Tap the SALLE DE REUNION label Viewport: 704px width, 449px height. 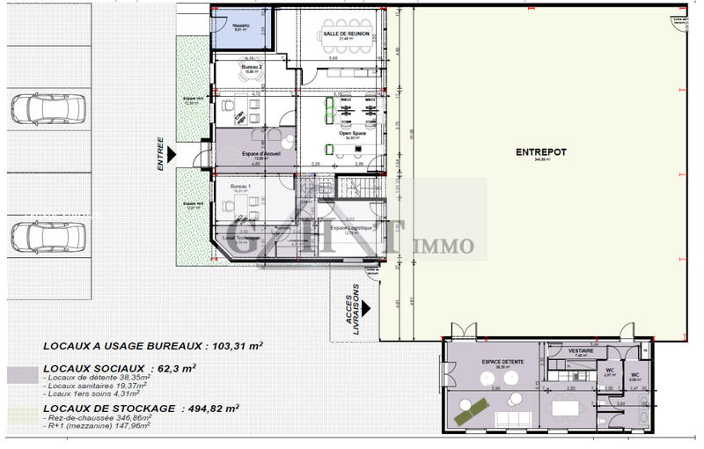tap(340, 33)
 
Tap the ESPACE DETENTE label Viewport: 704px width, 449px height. tap(497, 363)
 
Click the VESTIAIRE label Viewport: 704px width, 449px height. tap(581, 350)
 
